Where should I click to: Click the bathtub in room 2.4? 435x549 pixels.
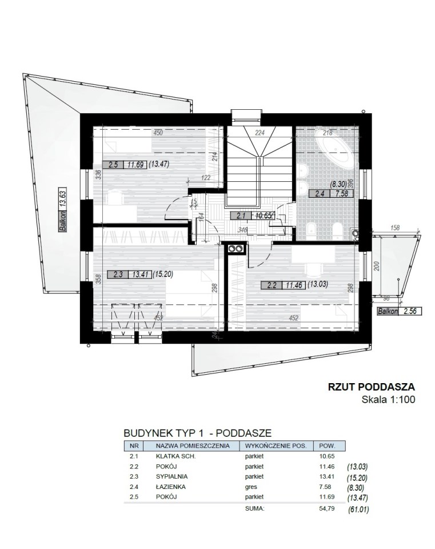[336, 150]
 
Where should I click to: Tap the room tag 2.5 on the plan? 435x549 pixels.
[113, 165]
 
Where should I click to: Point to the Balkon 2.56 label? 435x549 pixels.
[399, 311]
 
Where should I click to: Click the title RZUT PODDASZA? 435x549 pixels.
[372, 387]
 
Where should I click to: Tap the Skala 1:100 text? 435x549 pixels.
[389, 400]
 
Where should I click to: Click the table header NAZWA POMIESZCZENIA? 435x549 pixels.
[193, 446]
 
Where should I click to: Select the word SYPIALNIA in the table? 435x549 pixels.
[171, 476]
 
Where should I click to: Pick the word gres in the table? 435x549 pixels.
[251, 487]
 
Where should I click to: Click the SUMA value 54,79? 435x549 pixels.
[327, 508]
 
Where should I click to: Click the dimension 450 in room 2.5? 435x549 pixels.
[158, 133]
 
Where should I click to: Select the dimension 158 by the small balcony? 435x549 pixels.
[394, 228]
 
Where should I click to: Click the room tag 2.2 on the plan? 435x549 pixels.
[272, 285]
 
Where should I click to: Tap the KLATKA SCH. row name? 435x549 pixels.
[175, 456]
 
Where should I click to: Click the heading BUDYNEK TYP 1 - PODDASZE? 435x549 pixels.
[198, 433]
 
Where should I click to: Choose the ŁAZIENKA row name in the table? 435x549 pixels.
[170, 487]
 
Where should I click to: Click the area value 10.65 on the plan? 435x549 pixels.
[263, 216]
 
